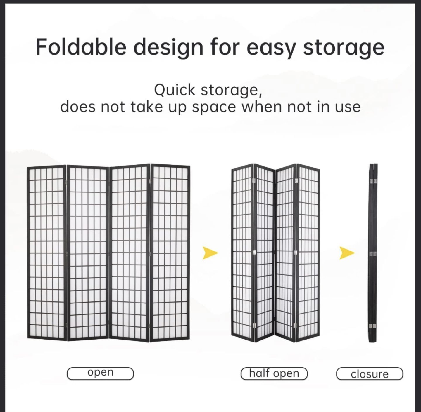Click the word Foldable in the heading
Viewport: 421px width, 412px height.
click(x=81, y=47)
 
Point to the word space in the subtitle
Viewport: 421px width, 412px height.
click(x=214, y=107)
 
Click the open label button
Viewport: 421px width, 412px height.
click(x=100, y=373)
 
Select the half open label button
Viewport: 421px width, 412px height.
click(x=274, y=373)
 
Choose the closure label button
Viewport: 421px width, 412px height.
click(x=370, y=373)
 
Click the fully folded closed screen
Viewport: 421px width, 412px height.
click(x=373, y=253)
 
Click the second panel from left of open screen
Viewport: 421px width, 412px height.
click(x=88, y=253)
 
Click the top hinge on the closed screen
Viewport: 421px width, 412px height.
click(x=373, y=181)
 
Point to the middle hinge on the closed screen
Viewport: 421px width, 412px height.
click(x=373, y=253)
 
